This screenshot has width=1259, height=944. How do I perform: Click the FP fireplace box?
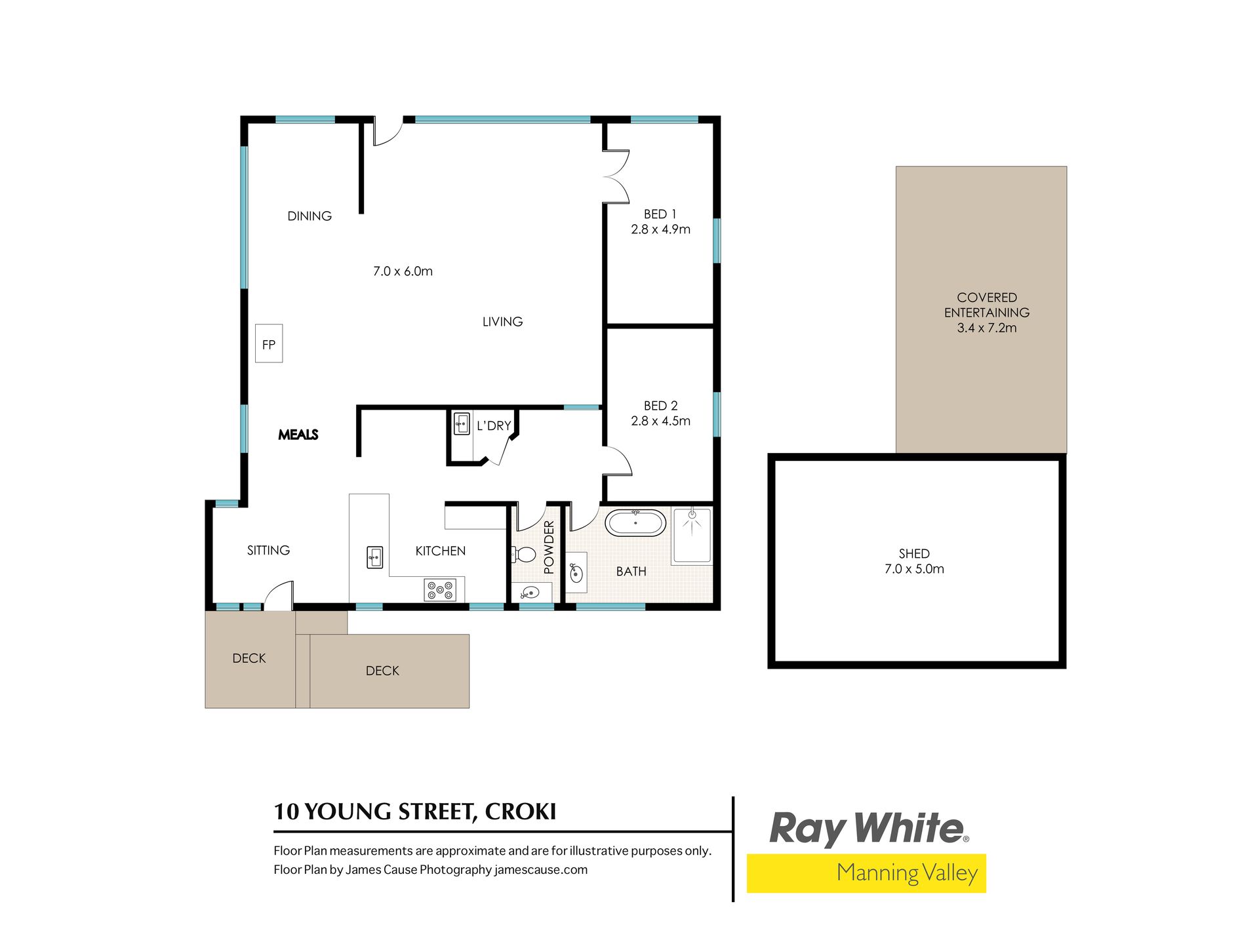pos(269,344)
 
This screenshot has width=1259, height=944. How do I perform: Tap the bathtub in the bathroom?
pos(635,523)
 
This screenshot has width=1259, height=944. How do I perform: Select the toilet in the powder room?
pos(523,555)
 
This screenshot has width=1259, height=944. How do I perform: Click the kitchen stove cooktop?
pos(440,589)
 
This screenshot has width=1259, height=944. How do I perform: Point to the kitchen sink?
pos(374,557)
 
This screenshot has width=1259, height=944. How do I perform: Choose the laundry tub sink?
pos(462,424)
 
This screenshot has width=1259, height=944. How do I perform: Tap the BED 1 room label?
pos(660,214)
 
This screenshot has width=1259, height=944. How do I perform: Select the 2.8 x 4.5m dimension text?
pos(660,421)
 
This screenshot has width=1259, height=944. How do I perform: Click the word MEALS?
pos(298,435)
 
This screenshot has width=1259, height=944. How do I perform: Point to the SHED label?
pos(914,554)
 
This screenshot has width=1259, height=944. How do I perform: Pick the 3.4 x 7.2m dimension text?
pos(987,328)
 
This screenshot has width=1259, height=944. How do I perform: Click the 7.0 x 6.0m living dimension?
pos(403,271)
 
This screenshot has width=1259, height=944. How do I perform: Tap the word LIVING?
pos(502,322)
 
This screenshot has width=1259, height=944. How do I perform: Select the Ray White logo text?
pos(869,829)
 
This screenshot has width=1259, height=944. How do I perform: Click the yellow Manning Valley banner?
pos(866,873)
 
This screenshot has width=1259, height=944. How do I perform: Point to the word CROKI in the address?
pos(520,812)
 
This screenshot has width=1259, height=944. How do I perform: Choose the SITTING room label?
pos(268,551)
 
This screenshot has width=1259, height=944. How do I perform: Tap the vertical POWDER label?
pos(549,547)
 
